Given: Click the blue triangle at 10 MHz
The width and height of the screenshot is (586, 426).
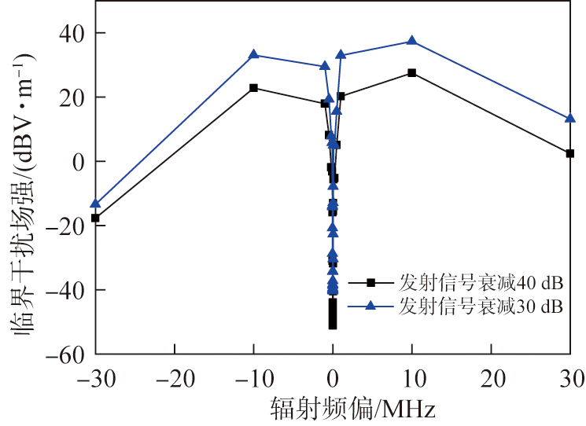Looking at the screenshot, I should (411, 41).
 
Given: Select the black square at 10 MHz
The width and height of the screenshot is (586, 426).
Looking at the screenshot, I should (411, 73).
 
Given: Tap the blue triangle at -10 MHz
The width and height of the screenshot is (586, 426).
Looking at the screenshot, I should (253, 54).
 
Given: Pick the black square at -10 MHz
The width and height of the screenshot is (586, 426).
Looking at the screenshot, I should (253, 88).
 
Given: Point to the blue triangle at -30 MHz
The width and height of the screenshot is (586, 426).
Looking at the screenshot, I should (95, 204).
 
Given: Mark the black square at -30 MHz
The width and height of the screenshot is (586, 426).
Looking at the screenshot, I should (95, 218).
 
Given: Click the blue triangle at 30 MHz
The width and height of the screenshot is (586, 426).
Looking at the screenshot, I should (570, 118).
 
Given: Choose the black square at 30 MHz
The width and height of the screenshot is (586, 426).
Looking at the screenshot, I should (570, 153).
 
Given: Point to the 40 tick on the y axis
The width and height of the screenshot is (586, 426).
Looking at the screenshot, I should (72, 33).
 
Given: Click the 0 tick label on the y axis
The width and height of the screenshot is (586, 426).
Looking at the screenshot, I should (77, 161).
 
